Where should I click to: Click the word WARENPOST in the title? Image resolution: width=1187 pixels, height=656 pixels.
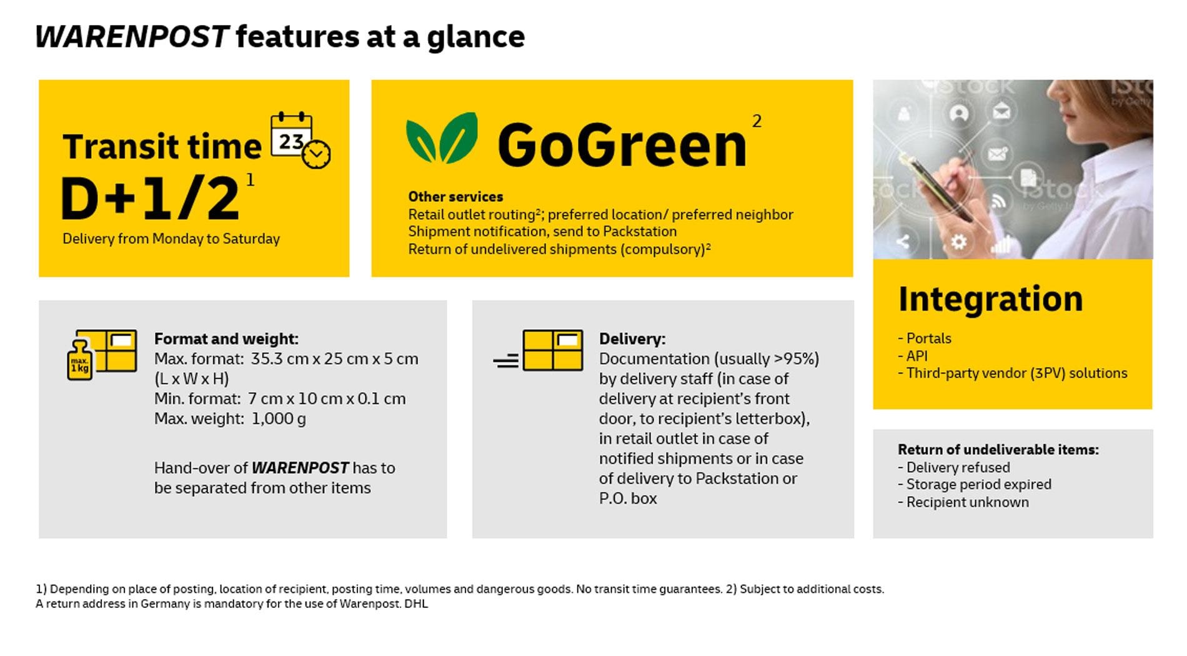coord(132,36)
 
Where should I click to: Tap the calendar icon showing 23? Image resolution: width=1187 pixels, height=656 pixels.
coord(300,140)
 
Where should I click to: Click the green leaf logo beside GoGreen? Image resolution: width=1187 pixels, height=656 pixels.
coord(442,137)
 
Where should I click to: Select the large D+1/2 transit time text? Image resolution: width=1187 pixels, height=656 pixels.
coord(151,198)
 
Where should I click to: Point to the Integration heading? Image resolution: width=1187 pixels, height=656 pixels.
coord(990,299)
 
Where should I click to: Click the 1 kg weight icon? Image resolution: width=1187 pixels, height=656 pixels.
coord(80,360)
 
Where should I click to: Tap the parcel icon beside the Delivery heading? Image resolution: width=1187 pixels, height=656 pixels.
coord(552,350)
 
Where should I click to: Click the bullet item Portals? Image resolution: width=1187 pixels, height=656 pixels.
coord(925,338)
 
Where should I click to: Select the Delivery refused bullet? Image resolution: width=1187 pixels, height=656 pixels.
coord(954,467)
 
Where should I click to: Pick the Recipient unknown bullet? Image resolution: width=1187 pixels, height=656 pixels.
coord(963,502)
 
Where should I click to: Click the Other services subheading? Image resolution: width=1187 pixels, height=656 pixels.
coord(455,197)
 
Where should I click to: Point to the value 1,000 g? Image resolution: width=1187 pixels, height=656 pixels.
coord(279,419)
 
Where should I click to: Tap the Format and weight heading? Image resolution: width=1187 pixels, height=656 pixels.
coord(226,339)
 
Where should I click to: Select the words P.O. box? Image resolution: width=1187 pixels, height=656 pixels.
coord(628,498)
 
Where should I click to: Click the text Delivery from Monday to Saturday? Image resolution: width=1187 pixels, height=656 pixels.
coord(171,239)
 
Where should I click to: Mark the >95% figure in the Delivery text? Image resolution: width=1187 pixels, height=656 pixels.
coord(796,359)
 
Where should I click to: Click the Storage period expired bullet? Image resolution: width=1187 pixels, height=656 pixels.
coord(975,485)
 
